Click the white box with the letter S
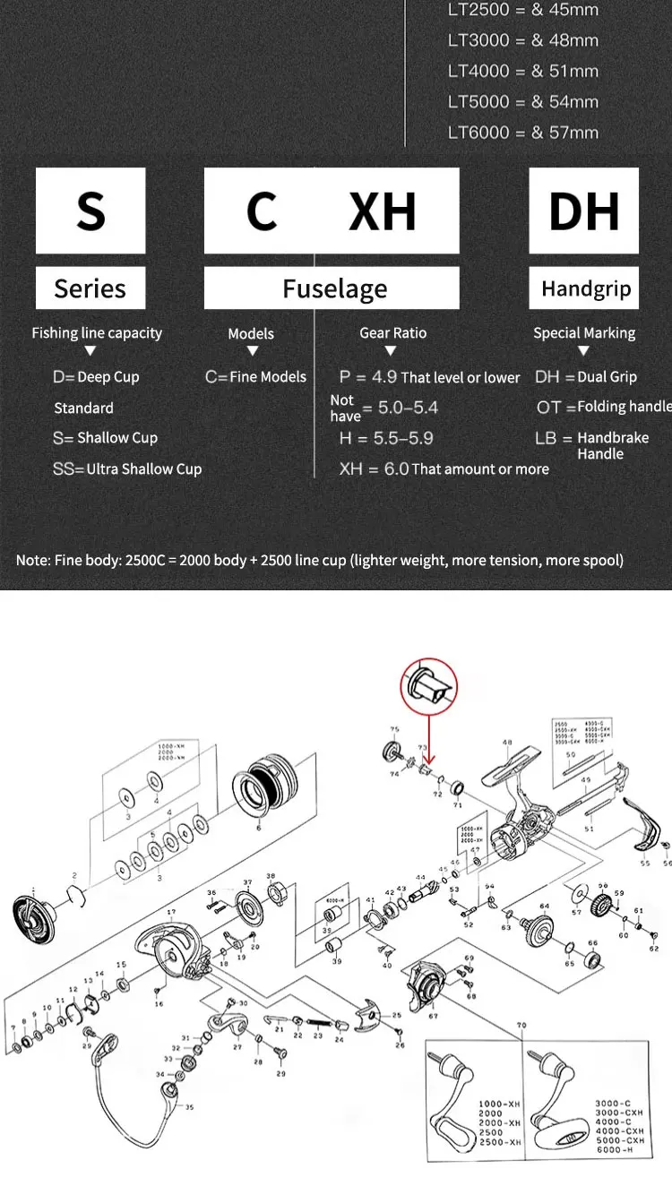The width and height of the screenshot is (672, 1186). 90,211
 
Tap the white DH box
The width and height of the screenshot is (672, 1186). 583,211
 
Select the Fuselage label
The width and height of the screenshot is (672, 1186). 334,288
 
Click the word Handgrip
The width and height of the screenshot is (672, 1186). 586,288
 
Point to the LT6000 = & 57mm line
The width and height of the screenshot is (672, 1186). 523,133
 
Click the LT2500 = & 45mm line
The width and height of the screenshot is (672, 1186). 523,10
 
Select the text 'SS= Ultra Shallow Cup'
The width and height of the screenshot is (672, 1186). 126,468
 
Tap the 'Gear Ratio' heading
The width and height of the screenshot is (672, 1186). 392,332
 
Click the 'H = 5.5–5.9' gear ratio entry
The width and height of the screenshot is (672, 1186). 386,438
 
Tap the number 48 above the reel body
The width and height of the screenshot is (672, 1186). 507,743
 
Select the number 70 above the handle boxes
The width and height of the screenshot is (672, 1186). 521,1024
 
